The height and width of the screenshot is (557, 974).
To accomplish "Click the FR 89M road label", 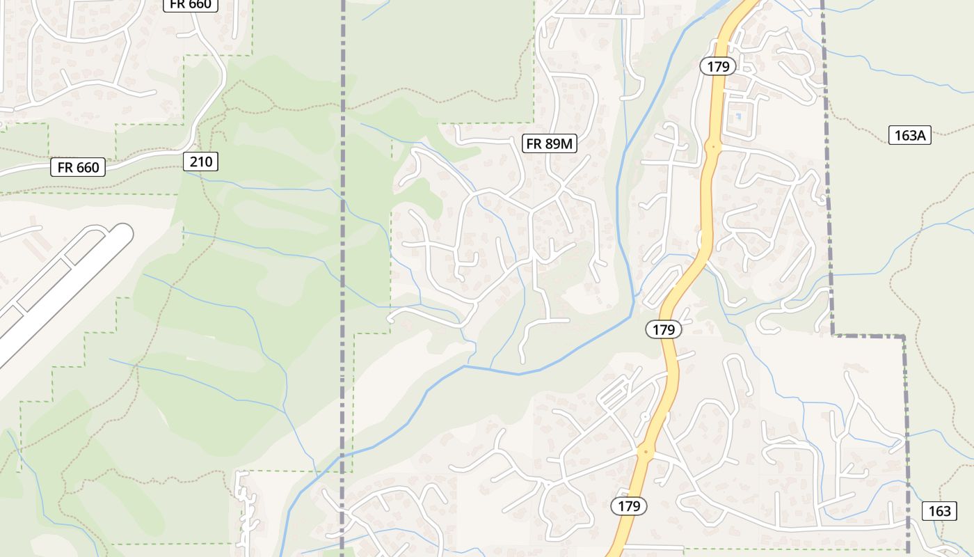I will click(x=550, y=144).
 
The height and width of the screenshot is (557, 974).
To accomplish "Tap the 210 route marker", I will click(x=201, y=162).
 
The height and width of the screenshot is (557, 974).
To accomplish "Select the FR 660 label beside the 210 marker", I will click(x=79, y=167).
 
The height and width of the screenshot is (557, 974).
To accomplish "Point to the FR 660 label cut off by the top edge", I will click(x=191, y=4).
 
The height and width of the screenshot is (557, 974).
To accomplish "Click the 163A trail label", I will click(x=909, y=135).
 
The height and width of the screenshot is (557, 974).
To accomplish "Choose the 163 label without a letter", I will click(x=939, y=511).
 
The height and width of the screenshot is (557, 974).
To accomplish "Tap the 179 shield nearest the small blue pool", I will click(x=717, y=66).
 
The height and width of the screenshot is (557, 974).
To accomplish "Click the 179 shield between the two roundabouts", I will click(x=664, y=329).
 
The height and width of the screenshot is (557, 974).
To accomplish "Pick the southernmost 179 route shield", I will click(x=628, y=506).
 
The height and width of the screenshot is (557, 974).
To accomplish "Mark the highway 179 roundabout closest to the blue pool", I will click(x=712, y=147).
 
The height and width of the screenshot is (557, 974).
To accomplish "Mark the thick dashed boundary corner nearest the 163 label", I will click(x=904, y=337).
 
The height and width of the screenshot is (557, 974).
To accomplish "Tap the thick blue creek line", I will click(x=501, y=370).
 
